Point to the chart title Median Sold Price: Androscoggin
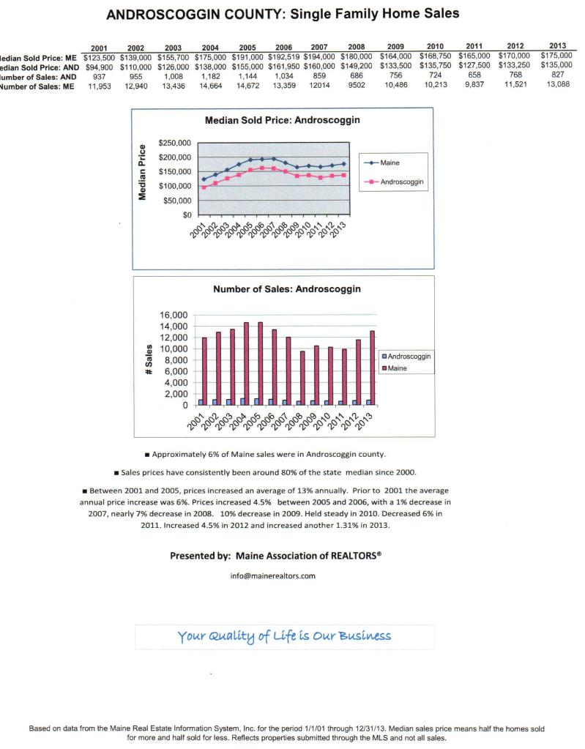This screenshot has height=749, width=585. click(283, 122)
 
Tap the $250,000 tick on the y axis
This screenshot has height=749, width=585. click(174, 144)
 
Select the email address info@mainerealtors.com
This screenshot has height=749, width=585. click(273, 575)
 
